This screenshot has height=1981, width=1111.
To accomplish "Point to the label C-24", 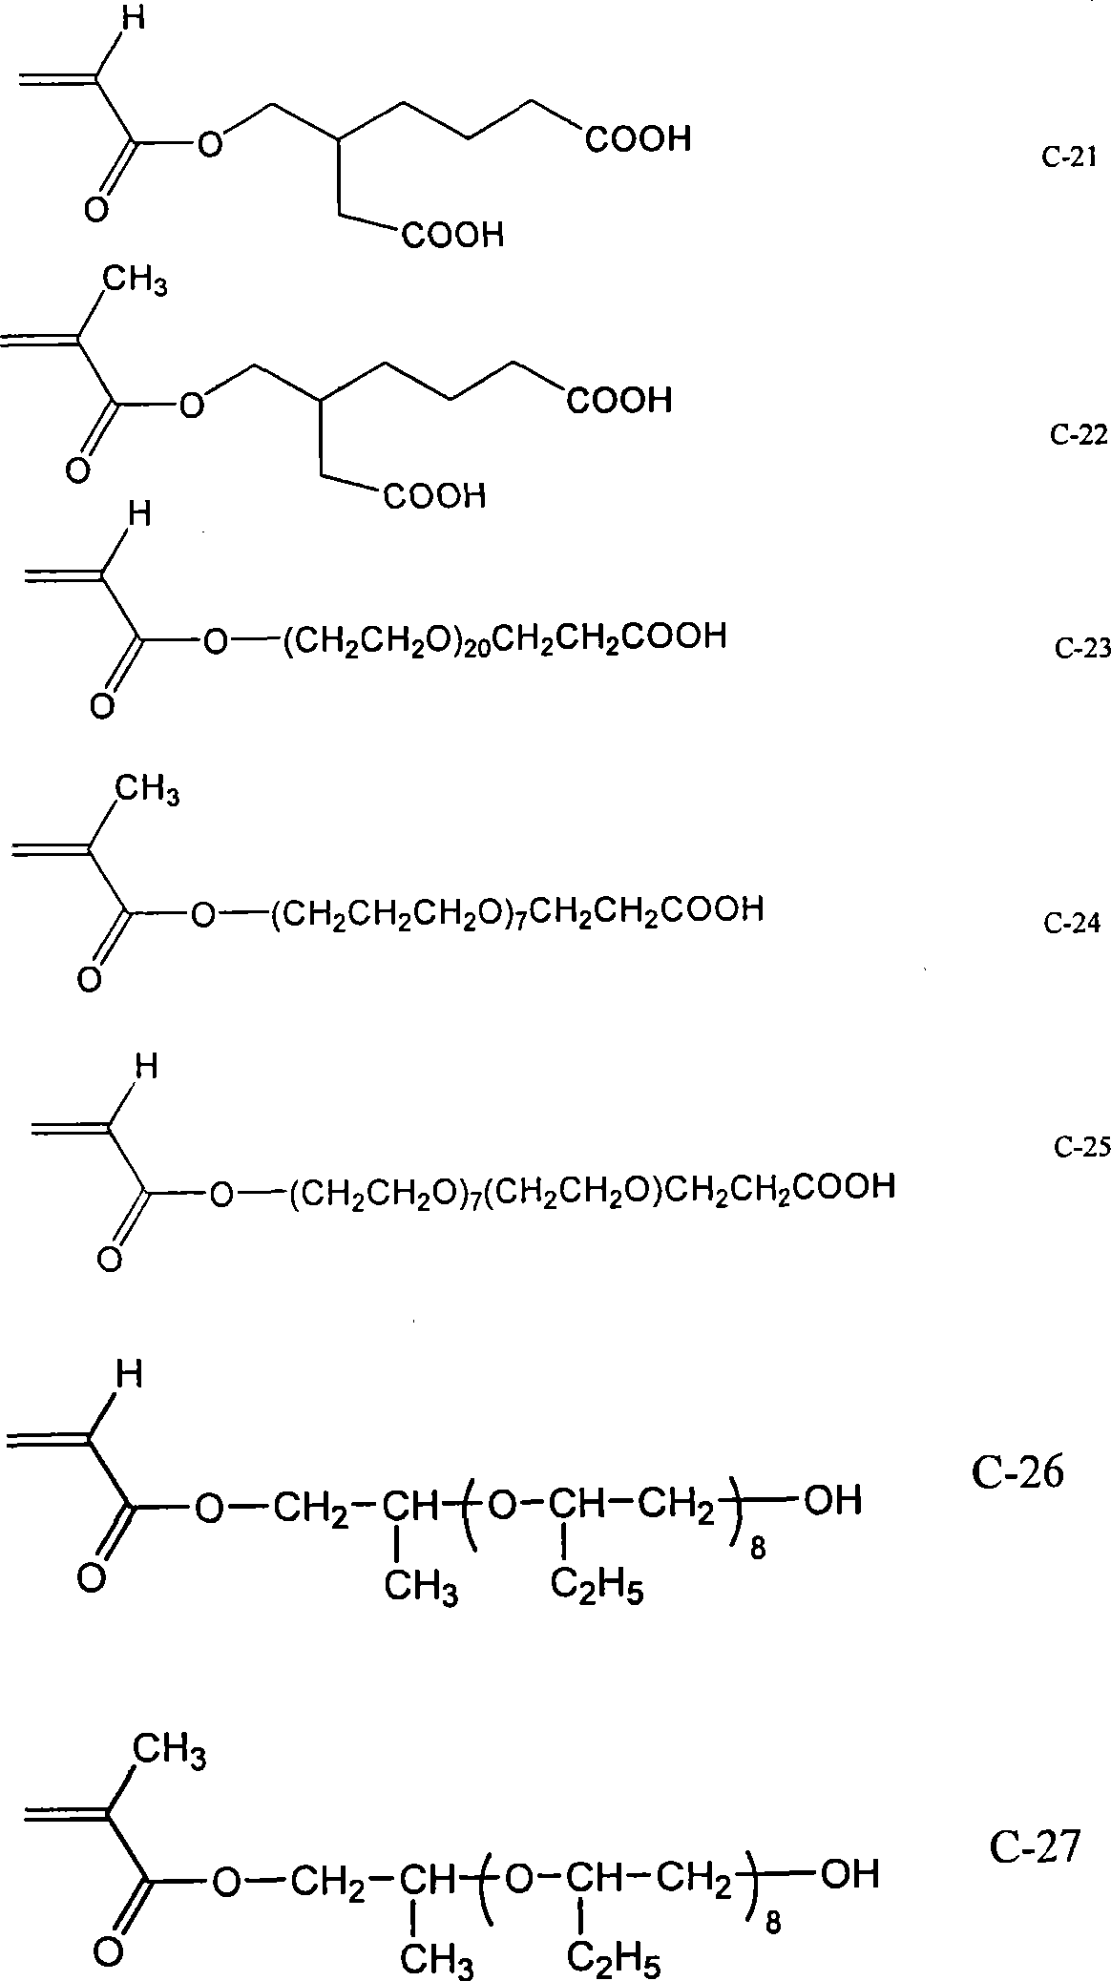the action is point(1072,923).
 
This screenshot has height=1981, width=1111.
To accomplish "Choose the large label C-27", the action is point(1034,1847).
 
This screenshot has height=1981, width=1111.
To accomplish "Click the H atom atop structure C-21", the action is point(132,19).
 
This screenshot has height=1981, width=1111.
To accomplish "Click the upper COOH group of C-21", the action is point(638,140).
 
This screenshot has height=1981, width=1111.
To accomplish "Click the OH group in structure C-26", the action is point(832,1501).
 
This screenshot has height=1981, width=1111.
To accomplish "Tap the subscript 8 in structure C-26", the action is point(759,1549).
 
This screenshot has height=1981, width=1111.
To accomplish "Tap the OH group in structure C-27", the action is point(849,1874).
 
